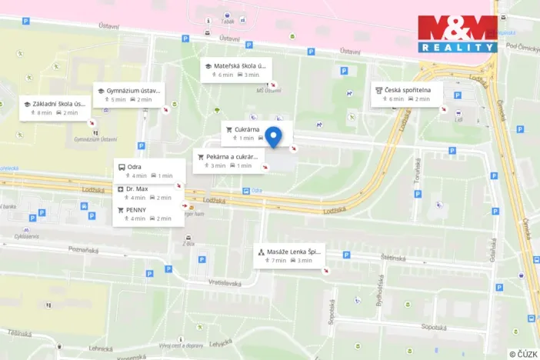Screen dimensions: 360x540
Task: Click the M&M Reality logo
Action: click(457, 34)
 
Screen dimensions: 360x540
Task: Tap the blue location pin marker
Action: click(273, 136)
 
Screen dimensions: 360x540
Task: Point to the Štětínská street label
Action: click(391, 258)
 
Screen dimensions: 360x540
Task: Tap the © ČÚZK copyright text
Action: click(523, 354)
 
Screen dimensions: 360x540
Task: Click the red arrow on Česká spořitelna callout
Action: click(444, 109)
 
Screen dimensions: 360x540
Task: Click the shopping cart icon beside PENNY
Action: click(121, 209)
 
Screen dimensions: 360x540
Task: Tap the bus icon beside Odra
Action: click(121, 166)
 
